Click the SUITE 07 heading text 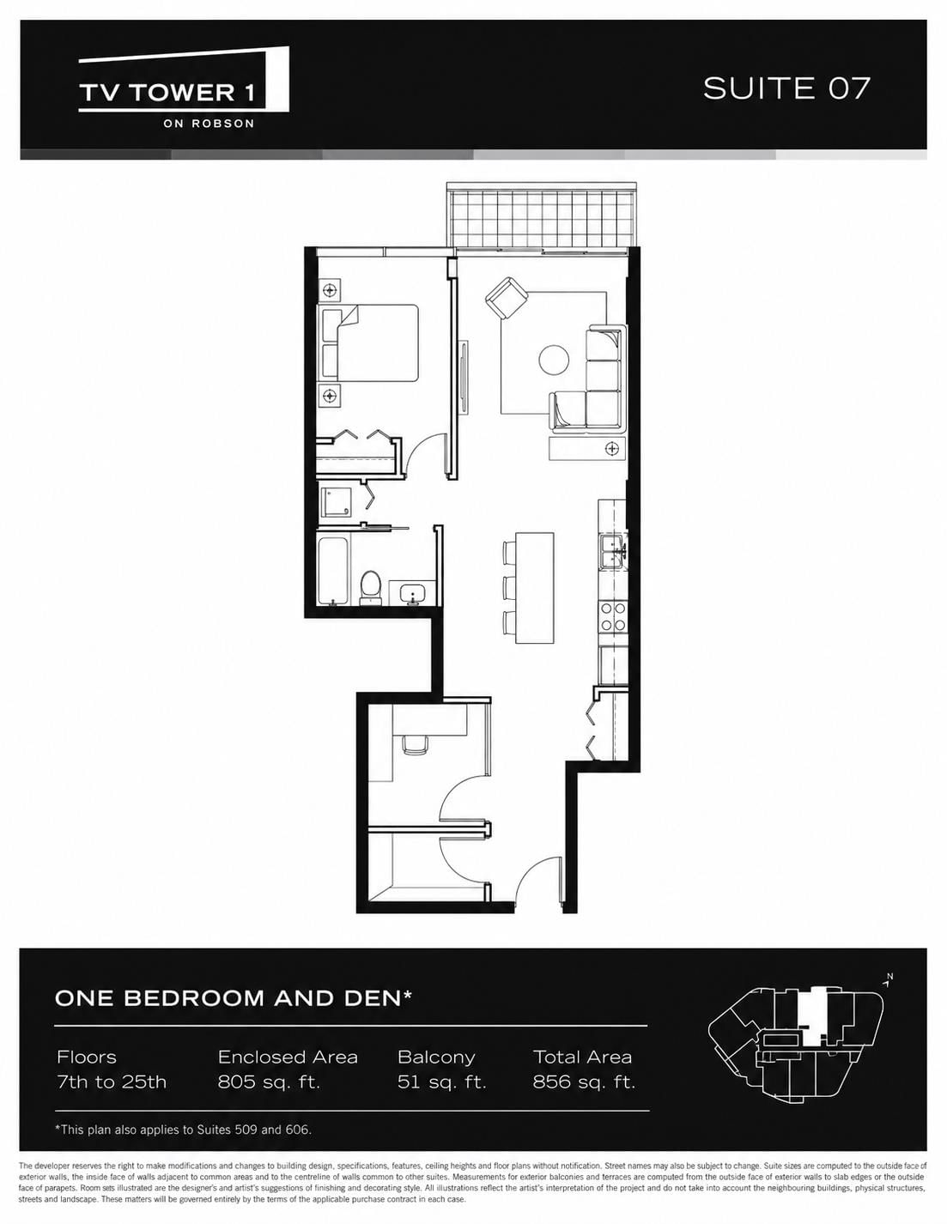click(786, 88)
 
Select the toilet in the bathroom click(370, 588)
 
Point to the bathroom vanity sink click(413, 593)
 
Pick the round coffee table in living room click(554, 360)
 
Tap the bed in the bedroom click(368, 343)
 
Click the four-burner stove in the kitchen click(613, 616)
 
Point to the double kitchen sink click(613, 552)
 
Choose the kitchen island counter click(534, 587)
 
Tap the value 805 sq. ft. click(269, 1082)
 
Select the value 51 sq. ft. click(441, 1082)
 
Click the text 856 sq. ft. click(584, 1082)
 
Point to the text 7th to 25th click(112, 1082)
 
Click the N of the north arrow click(889, 976)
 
